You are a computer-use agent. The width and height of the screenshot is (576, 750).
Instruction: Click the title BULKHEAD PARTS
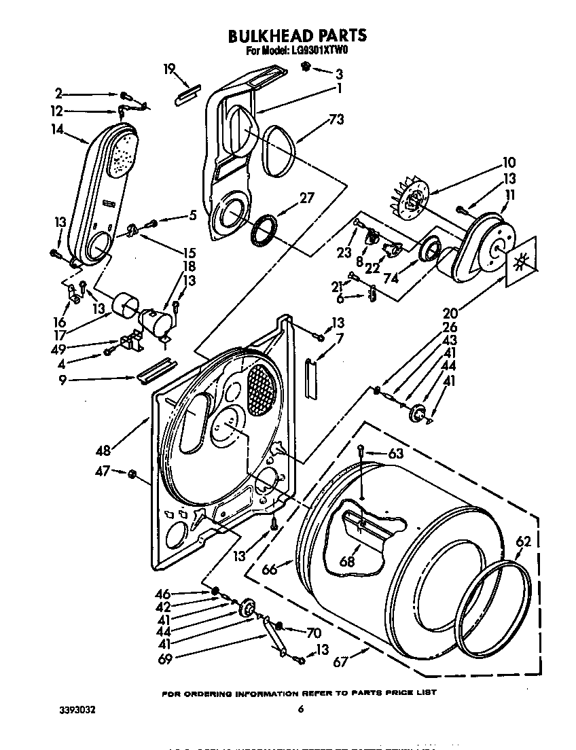tap(297, 35)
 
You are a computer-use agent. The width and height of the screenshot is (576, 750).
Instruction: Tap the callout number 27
tap(307, 198)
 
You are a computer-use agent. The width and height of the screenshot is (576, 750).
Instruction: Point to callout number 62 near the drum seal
tap(522, 542)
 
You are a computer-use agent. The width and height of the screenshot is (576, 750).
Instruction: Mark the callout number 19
tap(169, 68)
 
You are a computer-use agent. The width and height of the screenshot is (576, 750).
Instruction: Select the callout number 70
tap(312, 632)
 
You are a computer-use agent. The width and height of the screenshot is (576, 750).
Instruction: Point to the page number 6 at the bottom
tap(300, 710)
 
